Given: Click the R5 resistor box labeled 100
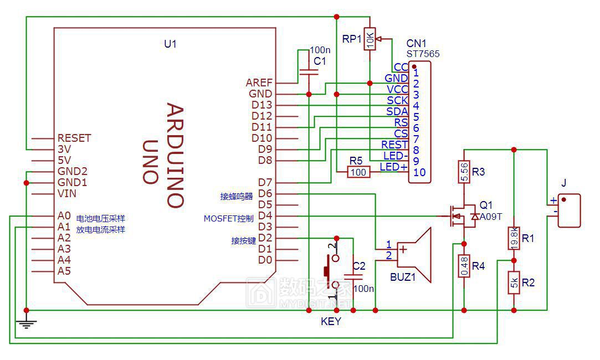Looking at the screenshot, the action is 358,172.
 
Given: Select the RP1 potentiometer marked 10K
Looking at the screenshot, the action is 370,39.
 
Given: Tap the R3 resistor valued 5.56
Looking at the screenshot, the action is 464,172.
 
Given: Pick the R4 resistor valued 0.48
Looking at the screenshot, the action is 464,266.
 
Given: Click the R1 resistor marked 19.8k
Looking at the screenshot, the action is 514,238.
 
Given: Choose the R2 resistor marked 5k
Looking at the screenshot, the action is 514,282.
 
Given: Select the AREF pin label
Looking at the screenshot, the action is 259,83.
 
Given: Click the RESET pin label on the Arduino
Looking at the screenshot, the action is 74,138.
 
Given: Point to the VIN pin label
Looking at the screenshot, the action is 67,194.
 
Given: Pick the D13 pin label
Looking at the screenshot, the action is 261,105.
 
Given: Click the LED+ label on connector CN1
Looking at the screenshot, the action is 394,167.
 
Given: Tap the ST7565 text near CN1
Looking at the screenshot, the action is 423,54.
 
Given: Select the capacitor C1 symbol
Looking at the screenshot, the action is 309,72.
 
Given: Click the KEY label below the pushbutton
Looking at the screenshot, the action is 331,321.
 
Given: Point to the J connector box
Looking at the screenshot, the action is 570,211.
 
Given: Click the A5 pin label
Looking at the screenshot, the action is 64,271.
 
